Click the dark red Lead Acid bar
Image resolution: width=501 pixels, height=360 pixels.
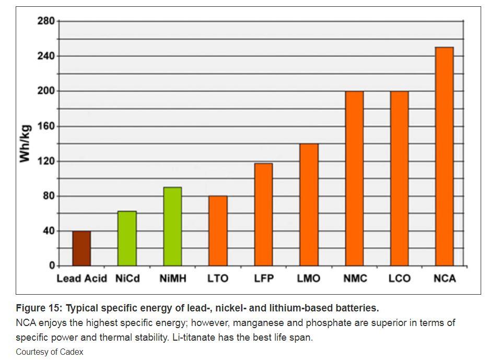point(81,248)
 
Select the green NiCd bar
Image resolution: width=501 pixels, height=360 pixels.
point(127,238)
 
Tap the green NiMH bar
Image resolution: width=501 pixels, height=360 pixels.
point(172,226)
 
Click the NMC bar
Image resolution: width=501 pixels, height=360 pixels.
point(354,178)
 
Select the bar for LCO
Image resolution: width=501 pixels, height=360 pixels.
point(399,178)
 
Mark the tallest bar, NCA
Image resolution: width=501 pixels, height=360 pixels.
point(445,156)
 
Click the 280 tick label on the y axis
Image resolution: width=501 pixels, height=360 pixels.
point(46,21)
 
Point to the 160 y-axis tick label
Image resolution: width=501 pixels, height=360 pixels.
point(46,126)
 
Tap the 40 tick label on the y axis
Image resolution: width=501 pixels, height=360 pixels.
point(49,231)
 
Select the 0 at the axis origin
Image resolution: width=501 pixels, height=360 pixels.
point(52,265)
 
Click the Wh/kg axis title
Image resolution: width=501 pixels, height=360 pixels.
point(25,143)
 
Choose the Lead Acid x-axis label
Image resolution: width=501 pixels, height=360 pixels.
point(81,278)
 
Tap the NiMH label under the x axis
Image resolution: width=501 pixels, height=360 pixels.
point(172,278)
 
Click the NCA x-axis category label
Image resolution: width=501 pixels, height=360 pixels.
point(445,278)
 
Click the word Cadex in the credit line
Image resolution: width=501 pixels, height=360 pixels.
point(72,352)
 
